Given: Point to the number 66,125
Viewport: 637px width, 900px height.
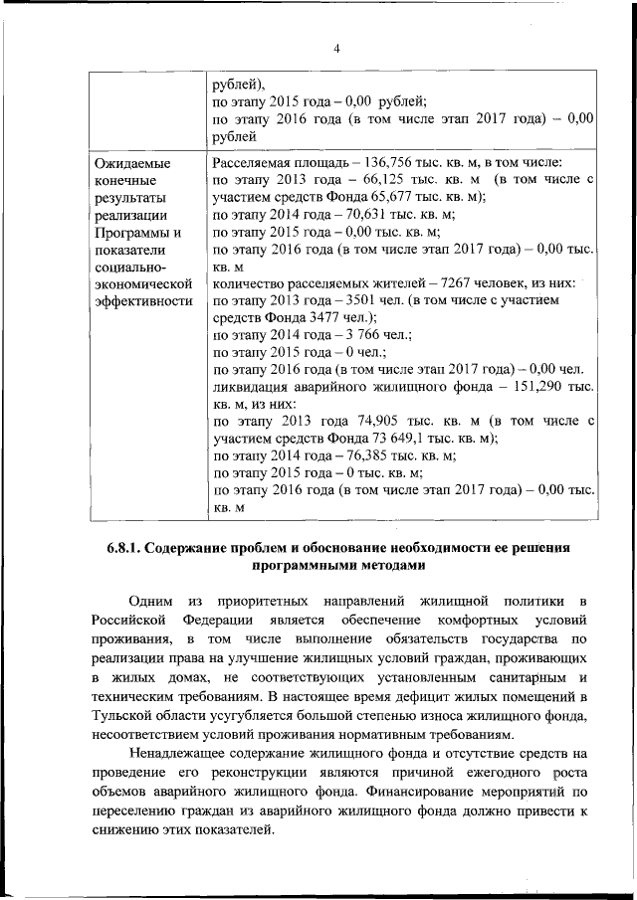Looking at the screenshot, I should tap(363, 179).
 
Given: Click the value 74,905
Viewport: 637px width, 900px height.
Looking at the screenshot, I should tap(364, 421).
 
